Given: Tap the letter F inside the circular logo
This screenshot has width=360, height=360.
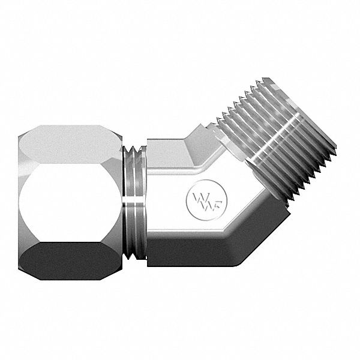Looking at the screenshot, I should pyautogui.click(x=207, y=199).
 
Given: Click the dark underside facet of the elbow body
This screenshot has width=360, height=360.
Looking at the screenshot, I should pyautogui.click(x=198, y=252).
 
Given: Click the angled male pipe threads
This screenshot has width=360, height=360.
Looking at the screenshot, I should pyautogui.click(x=276, y=144).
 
